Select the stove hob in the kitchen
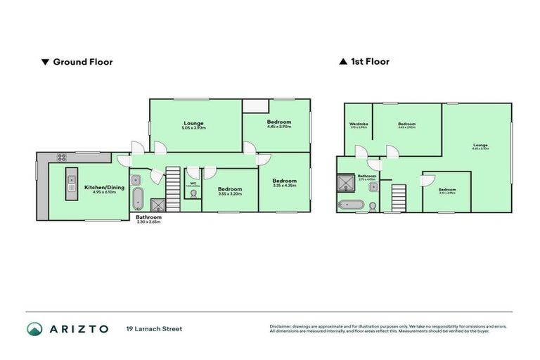click(62, 157)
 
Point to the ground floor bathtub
click(138, 199)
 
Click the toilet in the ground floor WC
click(192, 194)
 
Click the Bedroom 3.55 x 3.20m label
click(230, 191)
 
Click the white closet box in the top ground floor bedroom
click(255, 105)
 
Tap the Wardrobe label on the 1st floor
click(359, 125)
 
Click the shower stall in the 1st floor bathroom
click(347, 184)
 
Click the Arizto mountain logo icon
click(34, 329)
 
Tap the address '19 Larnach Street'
click(154, 329)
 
